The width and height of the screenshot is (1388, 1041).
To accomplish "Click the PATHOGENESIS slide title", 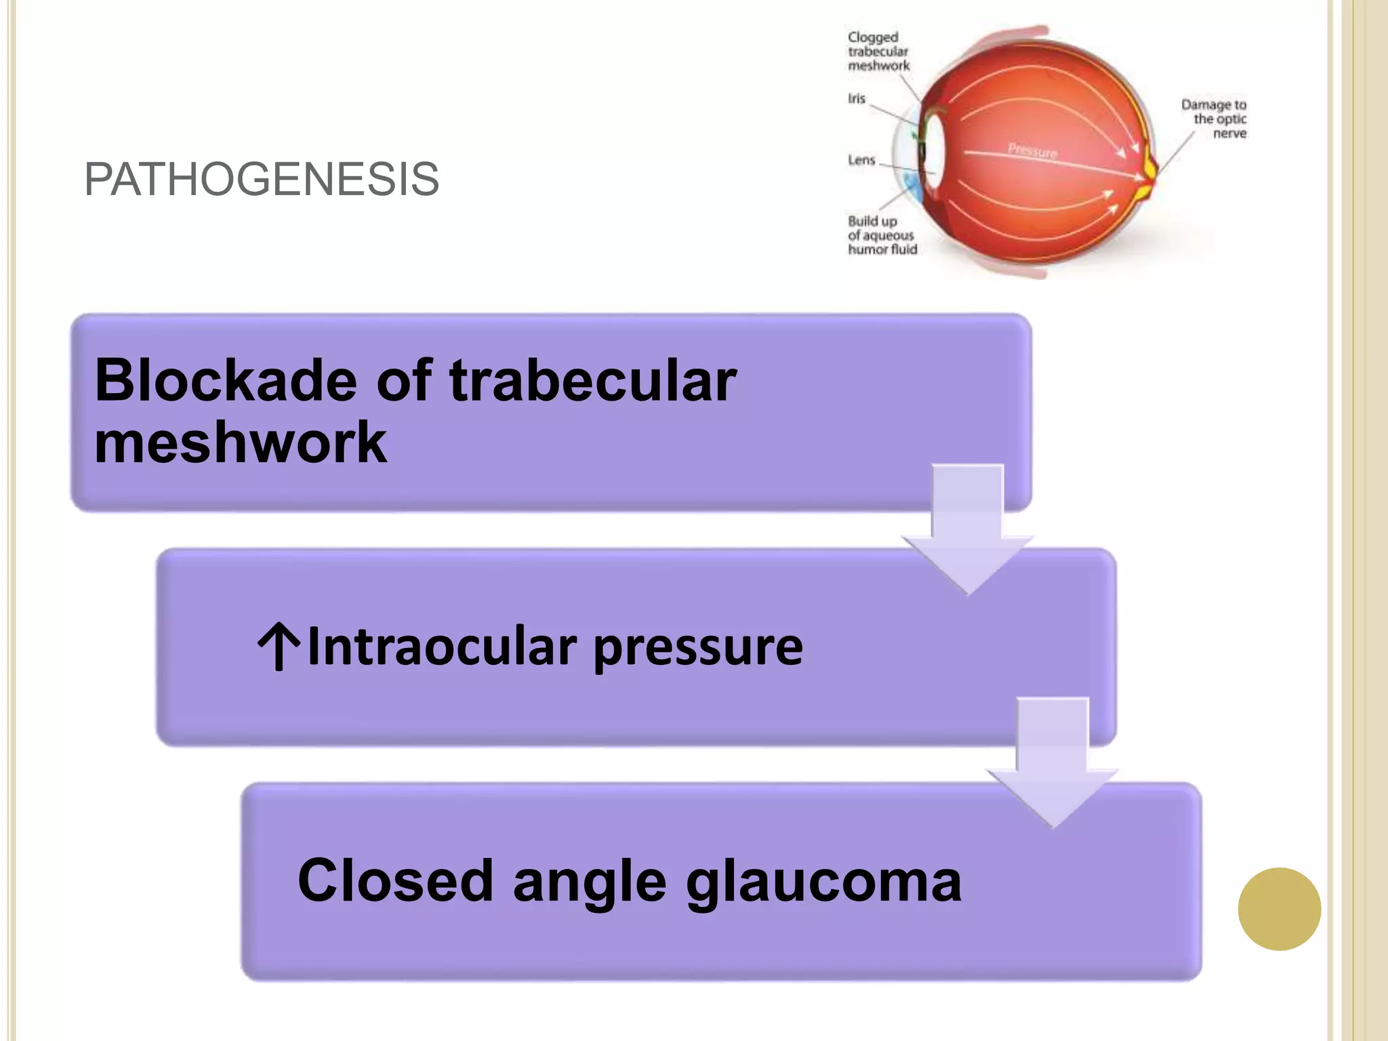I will (262, 180).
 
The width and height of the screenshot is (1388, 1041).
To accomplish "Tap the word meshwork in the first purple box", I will (241, 443).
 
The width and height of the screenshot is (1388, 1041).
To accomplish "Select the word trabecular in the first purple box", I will (592, 381).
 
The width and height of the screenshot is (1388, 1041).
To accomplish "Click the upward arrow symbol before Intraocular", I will (279, 647).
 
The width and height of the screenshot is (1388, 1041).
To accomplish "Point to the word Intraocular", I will (442, 647).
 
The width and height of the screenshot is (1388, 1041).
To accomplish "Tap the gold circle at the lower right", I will (1279, 909).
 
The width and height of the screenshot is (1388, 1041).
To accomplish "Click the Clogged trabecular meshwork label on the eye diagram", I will (878, 52).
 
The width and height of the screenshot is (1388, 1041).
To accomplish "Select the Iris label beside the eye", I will (857, 99).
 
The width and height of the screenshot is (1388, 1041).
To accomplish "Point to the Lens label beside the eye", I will (861, 161).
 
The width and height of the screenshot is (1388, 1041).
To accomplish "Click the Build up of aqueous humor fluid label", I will (882, 235).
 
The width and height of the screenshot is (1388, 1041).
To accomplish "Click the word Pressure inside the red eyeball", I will (1032, 150).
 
